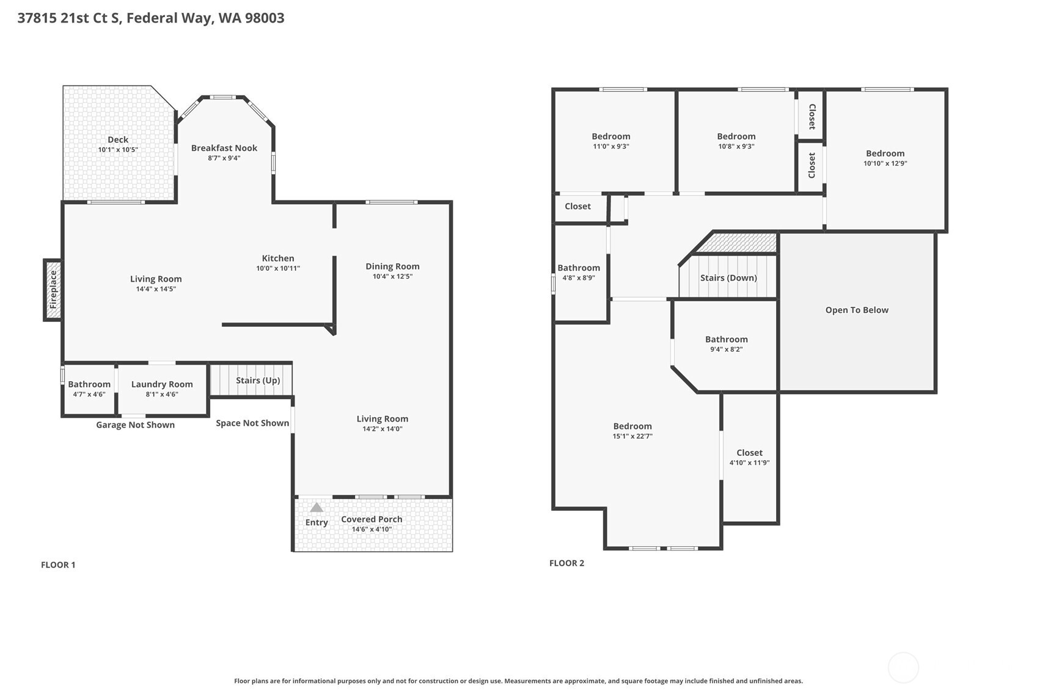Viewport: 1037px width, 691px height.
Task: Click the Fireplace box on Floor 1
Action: tap(53, 290)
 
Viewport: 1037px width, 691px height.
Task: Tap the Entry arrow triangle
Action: tap(316, 507)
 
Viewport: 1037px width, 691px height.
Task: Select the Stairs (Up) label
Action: tap(258, 380)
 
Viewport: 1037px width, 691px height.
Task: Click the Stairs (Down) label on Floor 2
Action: tap(728, 277)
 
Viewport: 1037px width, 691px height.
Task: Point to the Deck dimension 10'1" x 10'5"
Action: tap(118, 150)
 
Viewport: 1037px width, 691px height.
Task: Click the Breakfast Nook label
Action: tap(224, 148)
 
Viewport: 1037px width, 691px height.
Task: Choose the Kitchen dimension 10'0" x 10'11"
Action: tap(278, 268)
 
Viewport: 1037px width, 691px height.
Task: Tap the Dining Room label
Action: tap(392, 266)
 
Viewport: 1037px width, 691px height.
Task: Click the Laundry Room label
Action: tap(162, 384)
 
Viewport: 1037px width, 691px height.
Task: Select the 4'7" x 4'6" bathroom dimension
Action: tap(89, 394)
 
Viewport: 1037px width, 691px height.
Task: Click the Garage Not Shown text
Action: tap(135, 425)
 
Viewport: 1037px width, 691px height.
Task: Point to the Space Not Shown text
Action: tap(252, 423)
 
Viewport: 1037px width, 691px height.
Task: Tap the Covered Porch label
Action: tap(372, 519)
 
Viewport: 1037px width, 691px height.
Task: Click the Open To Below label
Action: tap(857, 310)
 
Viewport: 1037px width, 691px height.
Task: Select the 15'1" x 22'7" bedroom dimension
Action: tap(632, 436)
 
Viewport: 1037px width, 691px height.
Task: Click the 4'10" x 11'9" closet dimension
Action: tap(749, 462)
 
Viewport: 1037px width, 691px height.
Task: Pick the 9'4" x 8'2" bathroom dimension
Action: tap(726, 349)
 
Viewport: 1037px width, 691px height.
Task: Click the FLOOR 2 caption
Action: tap(566, 563)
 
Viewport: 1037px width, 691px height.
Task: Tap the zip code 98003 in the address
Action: tap(265, 18)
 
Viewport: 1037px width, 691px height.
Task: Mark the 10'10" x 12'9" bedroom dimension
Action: tap(885, 163)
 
